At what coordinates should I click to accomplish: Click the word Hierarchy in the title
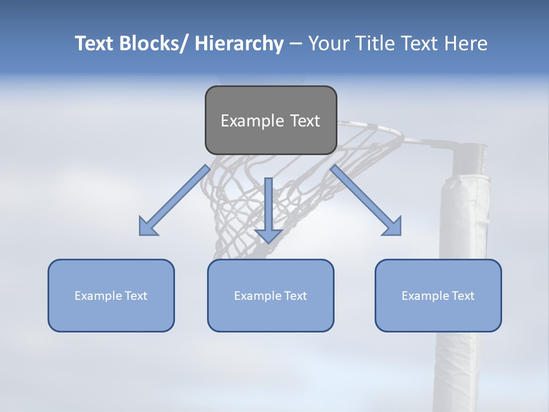click(x=239, y=43)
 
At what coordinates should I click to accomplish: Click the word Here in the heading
click(x=467, y=43)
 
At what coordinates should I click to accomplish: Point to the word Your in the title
click(x=328, y=43)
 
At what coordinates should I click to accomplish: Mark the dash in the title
click(x=296, y=43)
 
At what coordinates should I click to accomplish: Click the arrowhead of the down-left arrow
click(x=148, y=228)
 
